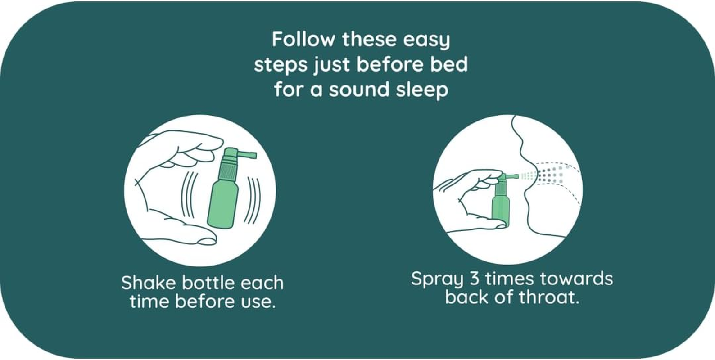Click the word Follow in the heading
[x=303, y=40]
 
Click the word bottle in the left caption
[x=208, y=283]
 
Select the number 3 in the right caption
[x=474, y=279]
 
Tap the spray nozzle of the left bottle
[x=245, y=155]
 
